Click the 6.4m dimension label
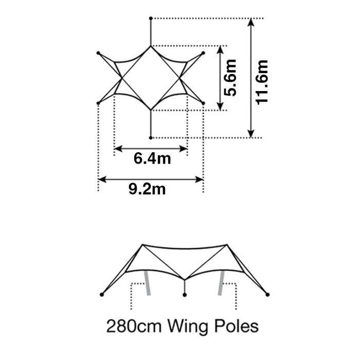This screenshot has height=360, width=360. click(x=152, y=158)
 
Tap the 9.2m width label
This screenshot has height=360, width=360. click(x=147, y=189)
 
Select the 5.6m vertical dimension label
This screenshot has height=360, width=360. click(x=230, y=78)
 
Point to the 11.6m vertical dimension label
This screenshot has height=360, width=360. click(x=262, y=82)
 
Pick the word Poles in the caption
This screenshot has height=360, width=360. click(x=237, y=326)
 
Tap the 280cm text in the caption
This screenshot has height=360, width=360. click(x=134, y=326)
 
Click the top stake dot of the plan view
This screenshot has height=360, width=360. click(x=151, y=18)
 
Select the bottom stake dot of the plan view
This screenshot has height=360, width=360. click(x=151, y=138)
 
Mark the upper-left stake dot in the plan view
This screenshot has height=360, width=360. click(x=98, y=53)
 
